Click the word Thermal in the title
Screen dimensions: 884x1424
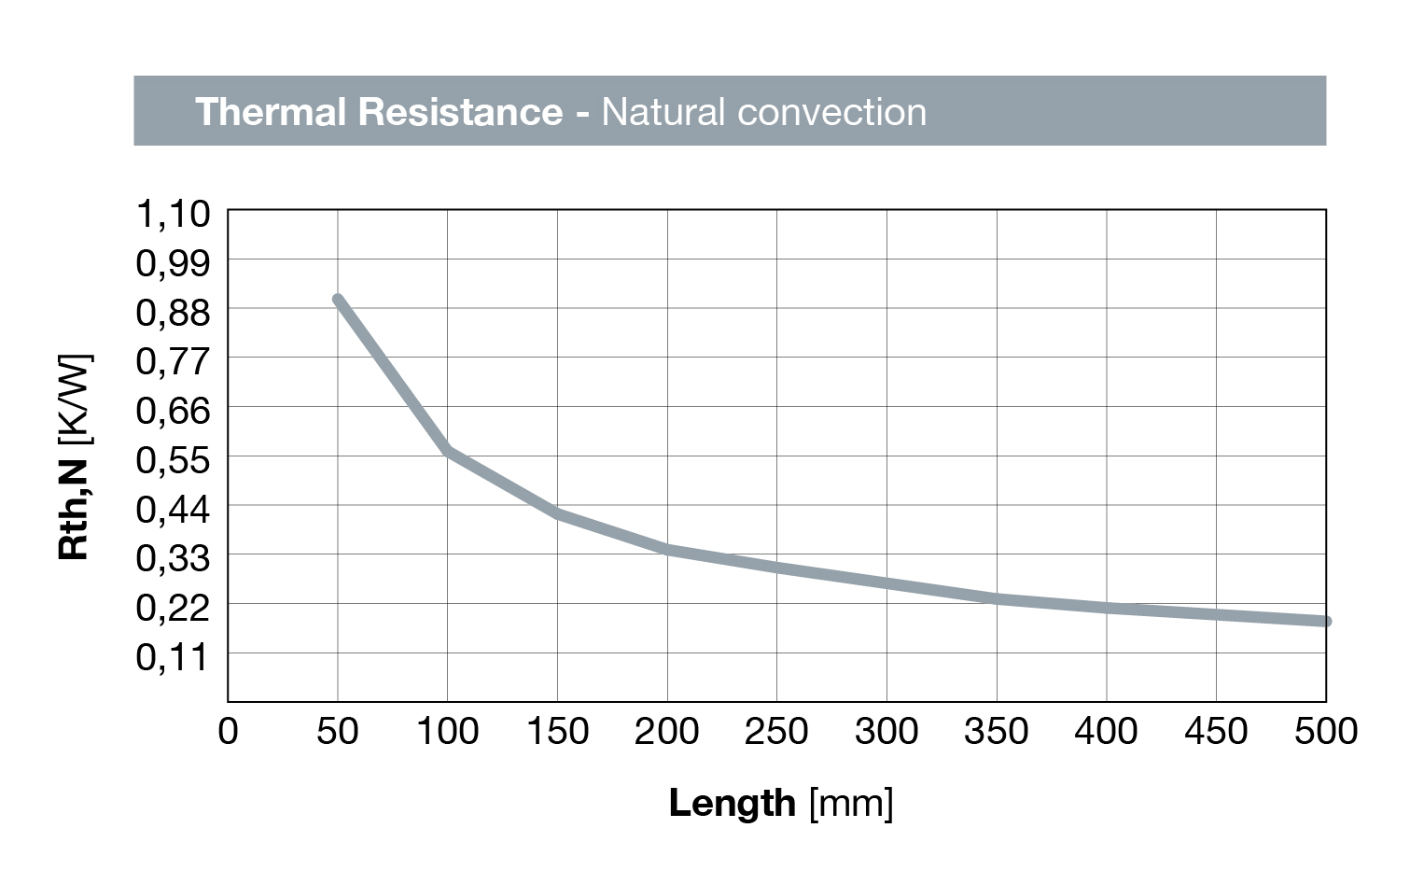pos(271,112)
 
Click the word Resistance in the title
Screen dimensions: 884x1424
pos(460,112)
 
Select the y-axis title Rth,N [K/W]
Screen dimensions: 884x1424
pos(74,456)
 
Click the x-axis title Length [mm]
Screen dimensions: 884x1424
pos(781,803)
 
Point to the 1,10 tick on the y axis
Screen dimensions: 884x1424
pos(174,214)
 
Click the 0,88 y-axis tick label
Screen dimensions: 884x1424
pos(174,312)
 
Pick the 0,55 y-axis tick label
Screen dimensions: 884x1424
pos(174,459)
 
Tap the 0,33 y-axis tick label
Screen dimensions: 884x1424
pos(174,558)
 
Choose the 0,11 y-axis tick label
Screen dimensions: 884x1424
pos(174,656)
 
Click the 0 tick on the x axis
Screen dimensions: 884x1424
pos(228,731)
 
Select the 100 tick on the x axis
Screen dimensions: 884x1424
pos(447,731)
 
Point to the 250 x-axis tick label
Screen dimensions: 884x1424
pos(776,731)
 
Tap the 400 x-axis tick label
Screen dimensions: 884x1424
pos(1106,731)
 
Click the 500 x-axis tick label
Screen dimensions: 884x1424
pos(1325,731)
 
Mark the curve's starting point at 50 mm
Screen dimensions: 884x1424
pos(338,300)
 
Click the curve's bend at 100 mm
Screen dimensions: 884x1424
pos(448,451)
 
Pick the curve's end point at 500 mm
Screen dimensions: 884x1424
pos(1325,621)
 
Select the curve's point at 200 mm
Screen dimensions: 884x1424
pos(667,549)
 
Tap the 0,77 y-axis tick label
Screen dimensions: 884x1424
pos(174,361)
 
